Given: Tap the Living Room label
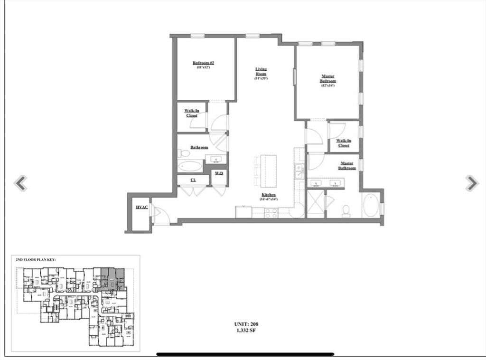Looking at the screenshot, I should [x=261, y=71].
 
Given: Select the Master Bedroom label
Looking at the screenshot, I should [x=328, y=78].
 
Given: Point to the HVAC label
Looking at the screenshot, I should [x=141, y=208].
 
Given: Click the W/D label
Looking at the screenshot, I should [x=219, y=174].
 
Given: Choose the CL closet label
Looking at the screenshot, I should [x=193, y=180].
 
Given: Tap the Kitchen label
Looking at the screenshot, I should [x=268, y=195].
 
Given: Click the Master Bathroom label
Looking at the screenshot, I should [x=346, y=166].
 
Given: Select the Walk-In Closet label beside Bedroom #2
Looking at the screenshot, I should [x=192, y=113].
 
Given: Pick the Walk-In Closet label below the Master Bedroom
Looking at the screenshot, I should [x=344, y=143].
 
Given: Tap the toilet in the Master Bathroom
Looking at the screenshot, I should [x=346, y=210].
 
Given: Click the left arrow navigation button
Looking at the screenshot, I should [x=20, y=183].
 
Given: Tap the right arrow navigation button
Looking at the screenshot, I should [x=471, y=183].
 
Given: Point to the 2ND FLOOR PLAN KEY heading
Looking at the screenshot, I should [x=36, y=260].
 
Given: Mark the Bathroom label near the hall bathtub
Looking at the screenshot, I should [x=199, y=147].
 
